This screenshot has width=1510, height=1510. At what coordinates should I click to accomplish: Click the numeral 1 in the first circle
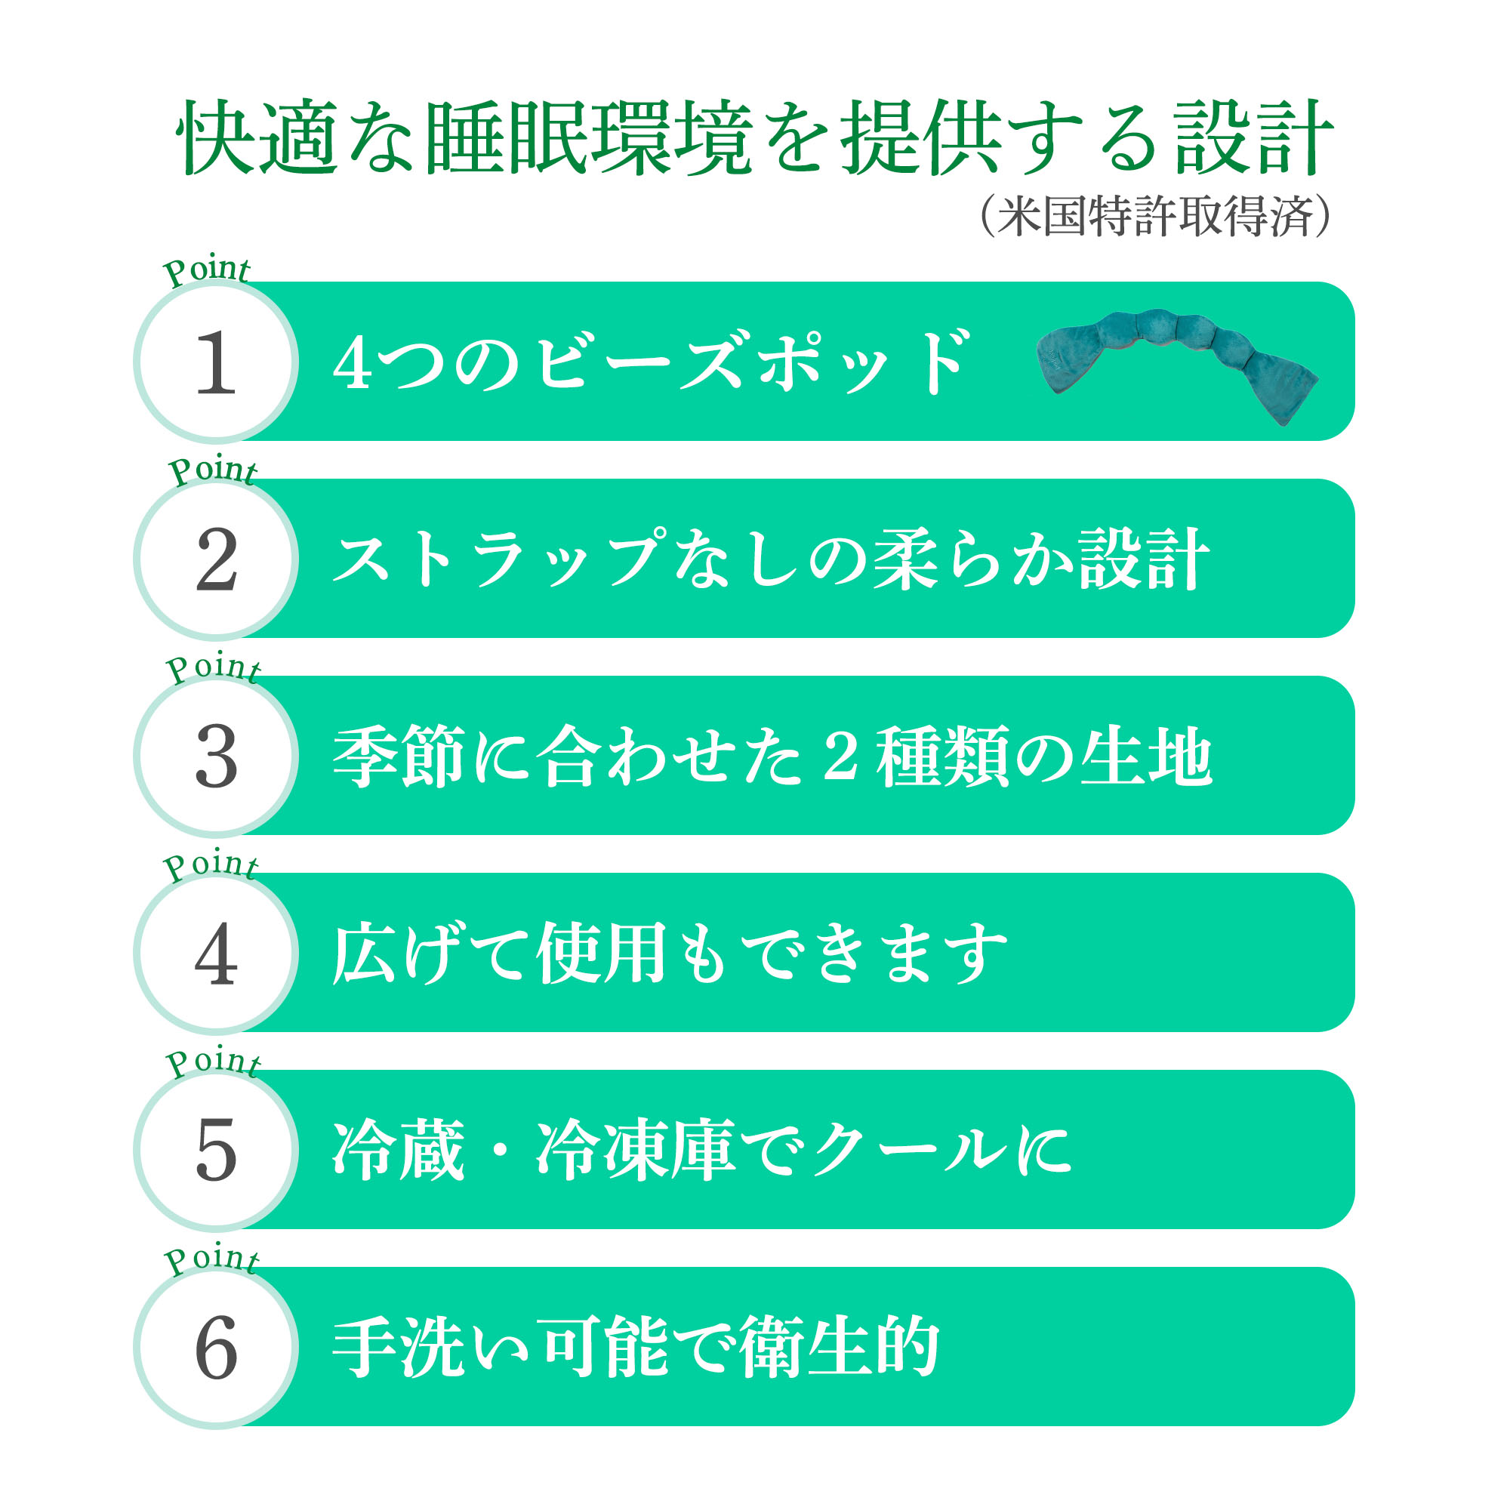point(216,362)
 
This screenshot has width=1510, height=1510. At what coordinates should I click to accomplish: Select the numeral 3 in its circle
point(217,756)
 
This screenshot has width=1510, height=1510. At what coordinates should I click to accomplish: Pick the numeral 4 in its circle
point(216,953)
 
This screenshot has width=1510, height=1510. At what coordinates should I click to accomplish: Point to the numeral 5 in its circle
point(217,1150)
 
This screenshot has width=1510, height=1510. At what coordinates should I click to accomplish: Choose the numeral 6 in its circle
point(217,1348)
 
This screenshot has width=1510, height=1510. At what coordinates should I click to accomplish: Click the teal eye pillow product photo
point(1177,364)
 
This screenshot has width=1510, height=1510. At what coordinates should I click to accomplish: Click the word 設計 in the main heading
point(1253,137)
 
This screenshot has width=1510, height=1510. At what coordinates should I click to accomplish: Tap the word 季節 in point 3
point(399,756)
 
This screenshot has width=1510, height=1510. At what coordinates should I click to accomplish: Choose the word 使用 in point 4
point(601,953)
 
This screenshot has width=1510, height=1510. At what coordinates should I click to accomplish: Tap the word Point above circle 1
point(206,270)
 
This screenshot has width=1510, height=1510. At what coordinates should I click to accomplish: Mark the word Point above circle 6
point(211,1259)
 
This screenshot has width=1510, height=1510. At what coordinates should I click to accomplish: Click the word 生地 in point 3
point(1146,756)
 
